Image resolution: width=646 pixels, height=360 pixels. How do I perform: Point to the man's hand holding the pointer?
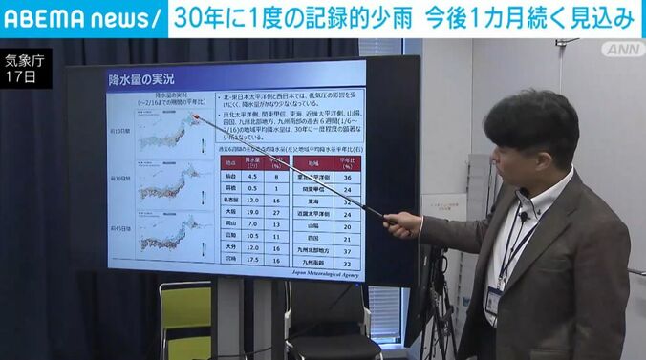[x=401, y=223]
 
